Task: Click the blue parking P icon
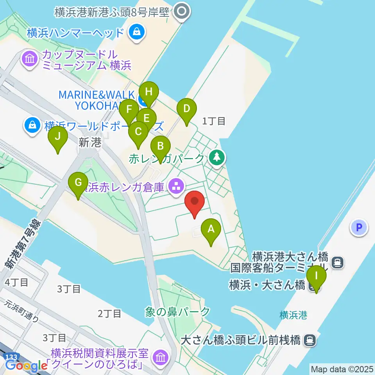[x=359, y=227]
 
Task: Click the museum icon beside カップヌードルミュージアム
[x=30, y=59]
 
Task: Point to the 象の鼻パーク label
[x=177, y=312]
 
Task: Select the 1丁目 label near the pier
[x=214, y=121]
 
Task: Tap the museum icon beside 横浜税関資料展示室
[x=160, y=357]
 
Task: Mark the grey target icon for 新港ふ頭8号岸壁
[x=182, y=12]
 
